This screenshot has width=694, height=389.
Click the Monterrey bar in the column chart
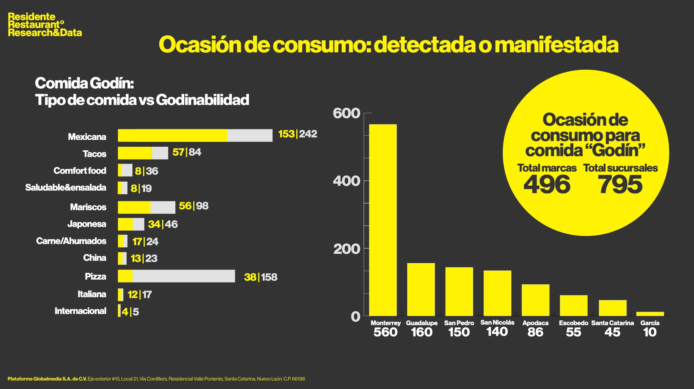tap(383, 220)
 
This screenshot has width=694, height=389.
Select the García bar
tap(650, 314)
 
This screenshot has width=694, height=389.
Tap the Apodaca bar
tap(535, 300)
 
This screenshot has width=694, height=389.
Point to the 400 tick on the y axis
tap(346, 181)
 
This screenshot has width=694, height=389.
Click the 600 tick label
tap(346, 113)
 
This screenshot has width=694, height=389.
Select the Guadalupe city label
tap(421, 323)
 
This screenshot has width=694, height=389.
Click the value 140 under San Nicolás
tap(497, 332)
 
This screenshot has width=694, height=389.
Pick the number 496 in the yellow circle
tap(547, 184)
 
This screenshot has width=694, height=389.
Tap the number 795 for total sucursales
tap(620, 184)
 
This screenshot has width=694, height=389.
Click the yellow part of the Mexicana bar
tap(172, 135)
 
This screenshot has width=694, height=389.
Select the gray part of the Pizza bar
tap(183, 276)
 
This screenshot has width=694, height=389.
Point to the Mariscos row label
tap(88, 207)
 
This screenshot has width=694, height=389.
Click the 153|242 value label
tap(297, 134)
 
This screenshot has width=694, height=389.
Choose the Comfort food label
tap(80, 171)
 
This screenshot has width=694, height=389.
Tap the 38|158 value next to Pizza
tap(260, 277)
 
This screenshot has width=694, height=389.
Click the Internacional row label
tap(80, 311)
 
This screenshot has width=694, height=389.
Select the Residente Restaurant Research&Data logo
tap(45, 25)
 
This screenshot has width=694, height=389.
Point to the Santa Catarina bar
tap(612, 308)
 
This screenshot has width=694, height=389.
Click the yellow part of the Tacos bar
tap(135, 153)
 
